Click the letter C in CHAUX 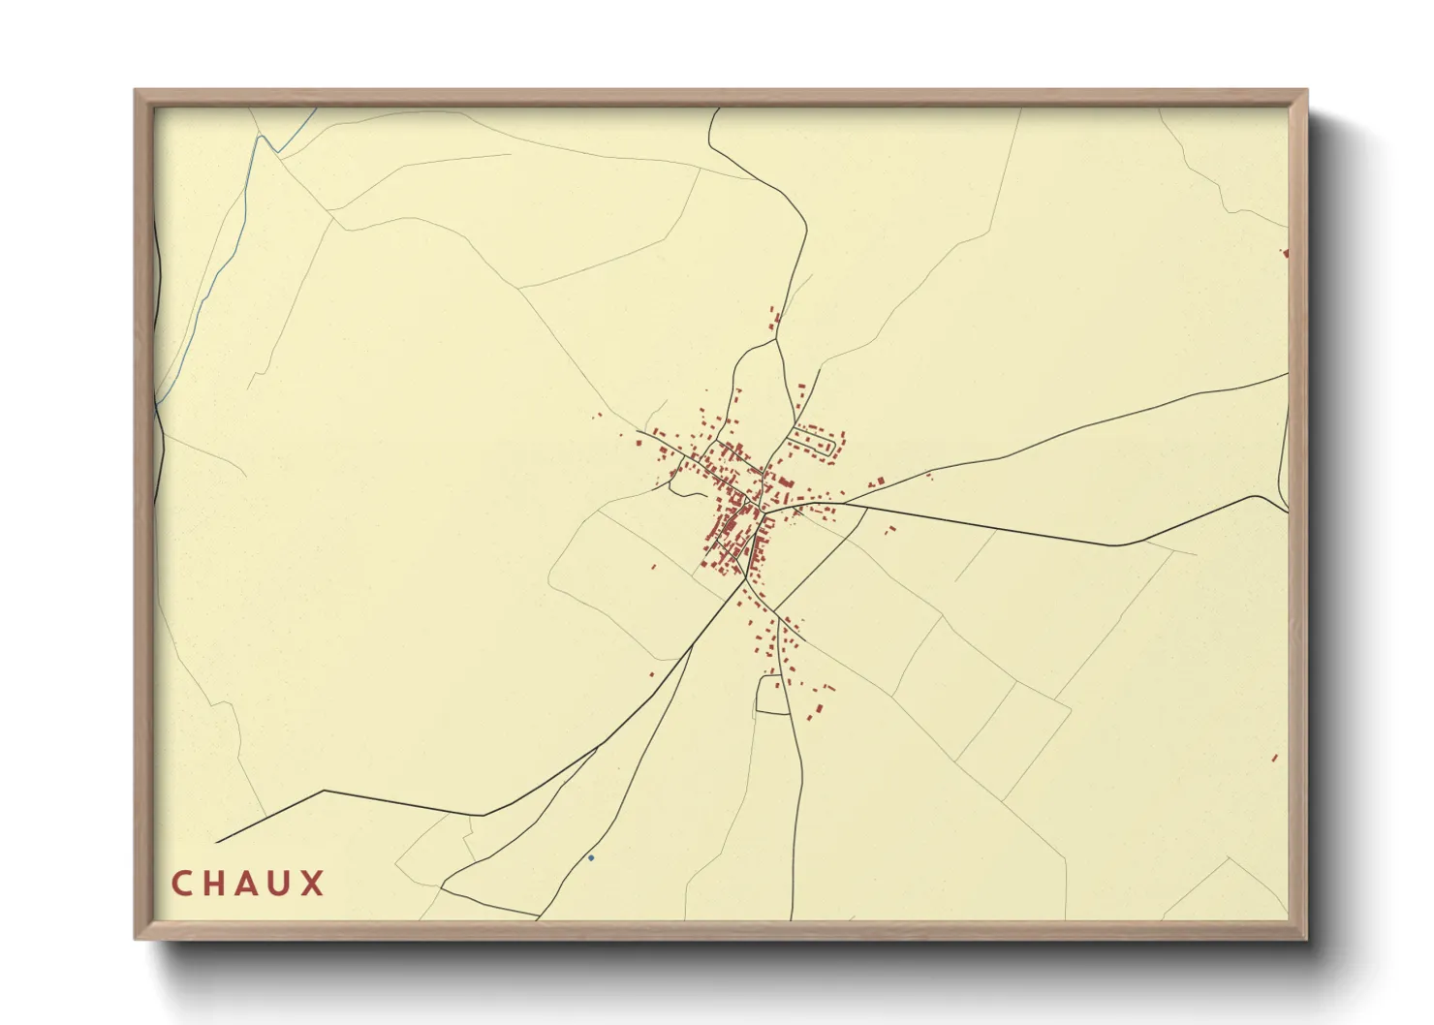point(181,884)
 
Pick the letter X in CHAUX point(312,884)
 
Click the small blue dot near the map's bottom point(591,857)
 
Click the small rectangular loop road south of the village point(773,696)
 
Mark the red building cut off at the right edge point(1286,254)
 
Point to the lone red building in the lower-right point(1274,758)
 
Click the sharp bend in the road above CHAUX point(323,791)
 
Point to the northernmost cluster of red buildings point(775,320)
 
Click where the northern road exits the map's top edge point(716,109)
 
